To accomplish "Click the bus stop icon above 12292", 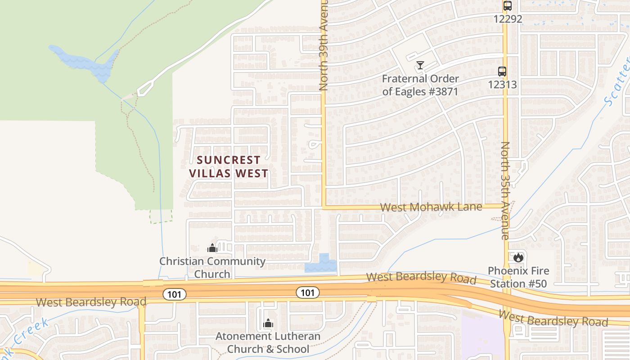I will (508, 6).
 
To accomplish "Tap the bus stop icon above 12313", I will (502, 71).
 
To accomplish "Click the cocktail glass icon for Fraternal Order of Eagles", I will (420, 65).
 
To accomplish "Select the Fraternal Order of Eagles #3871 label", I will (420, 85).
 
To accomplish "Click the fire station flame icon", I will (518, 257).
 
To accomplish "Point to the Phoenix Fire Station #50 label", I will (518, 277).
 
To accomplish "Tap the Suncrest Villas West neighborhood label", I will (229, 166).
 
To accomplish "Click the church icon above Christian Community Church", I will (212, 247).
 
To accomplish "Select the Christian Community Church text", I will (212, 267).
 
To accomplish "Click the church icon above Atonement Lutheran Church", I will (268, 323).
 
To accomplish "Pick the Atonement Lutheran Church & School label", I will (268, 342).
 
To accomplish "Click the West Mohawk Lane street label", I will (431, 207).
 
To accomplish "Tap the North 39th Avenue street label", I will (324, 45).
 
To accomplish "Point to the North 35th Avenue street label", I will (505, 191).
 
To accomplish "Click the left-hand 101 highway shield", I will (174, 294).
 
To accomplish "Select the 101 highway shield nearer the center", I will (307, 292).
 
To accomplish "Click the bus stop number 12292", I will (508, 19).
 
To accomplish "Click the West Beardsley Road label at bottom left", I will (91, 302).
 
